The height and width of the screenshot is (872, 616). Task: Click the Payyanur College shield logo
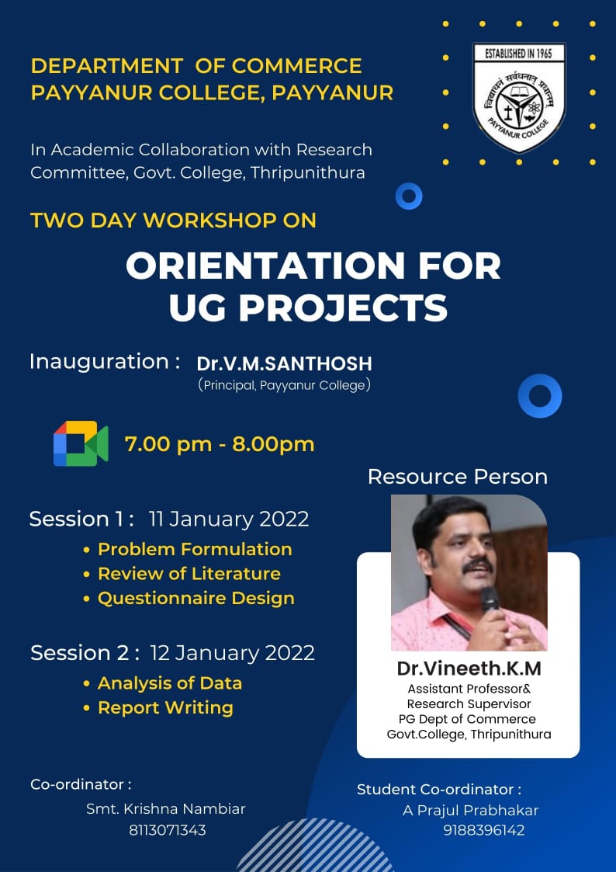[x=519, y=98]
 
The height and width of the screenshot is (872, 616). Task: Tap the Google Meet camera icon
[x=81, y=443]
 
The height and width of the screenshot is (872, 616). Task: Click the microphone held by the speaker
[x=489, y=600]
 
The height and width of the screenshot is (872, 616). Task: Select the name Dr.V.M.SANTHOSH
[x=285, y=363]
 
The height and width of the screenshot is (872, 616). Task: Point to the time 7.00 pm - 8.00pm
[x=220, y=444]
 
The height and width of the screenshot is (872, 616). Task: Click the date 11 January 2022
[x=229, y=519]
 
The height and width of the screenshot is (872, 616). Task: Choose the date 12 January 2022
[x=232, y=652]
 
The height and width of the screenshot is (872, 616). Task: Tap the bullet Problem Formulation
[x=189, y=549]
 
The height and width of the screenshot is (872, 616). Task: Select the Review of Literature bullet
[x=182, y=573]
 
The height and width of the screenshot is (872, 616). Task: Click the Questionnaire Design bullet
[x=189, y=599]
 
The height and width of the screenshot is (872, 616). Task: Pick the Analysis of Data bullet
[x=163, y=683]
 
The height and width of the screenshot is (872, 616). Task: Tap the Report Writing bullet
[x=159, y=708]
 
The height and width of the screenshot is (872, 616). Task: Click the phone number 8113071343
[x=168, y=830]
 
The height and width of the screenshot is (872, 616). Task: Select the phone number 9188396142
[x=484, y=830]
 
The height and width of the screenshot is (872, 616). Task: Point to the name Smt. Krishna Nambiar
[x=165, y=808]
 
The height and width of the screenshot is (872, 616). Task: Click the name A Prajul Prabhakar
[x=470, y=811]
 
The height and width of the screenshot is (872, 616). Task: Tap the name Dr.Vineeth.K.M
[x=469, y=669]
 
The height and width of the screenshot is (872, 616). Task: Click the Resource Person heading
[x=458, y=477]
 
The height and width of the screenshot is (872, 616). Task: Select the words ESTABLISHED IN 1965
[x=518, y=54]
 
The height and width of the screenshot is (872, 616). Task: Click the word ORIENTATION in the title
[x=265, y=266]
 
